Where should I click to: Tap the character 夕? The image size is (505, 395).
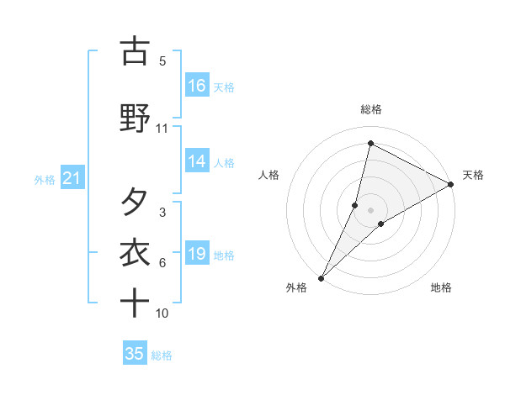tap(135, 203)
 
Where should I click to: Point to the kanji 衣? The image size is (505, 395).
tap(135, 253)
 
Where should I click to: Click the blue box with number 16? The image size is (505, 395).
tap(197, 86)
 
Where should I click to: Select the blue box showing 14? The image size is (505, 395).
tap(197, 161)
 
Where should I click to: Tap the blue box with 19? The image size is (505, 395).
tap(197, 254)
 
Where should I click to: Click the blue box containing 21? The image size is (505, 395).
tap(72, 178)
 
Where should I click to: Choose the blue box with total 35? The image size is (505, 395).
tap(135, 354)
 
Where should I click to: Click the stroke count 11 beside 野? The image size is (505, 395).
tap(162, 129)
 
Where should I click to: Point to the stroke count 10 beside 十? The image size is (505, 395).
tap(162, 313)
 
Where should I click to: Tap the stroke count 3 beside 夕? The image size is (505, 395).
tap(162, 213)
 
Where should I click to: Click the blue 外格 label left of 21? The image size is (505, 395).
tap(45, 179)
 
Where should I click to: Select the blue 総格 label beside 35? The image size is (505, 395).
tap(162, 355)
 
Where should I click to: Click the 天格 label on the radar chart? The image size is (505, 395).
tap(473, 175)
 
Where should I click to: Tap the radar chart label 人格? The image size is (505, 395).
tap(268, 175)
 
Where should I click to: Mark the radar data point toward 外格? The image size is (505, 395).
tap(321, 277)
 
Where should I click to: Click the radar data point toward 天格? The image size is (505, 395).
tap(451, 185)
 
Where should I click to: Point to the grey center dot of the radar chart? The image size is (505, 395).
tap(371, 209)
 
